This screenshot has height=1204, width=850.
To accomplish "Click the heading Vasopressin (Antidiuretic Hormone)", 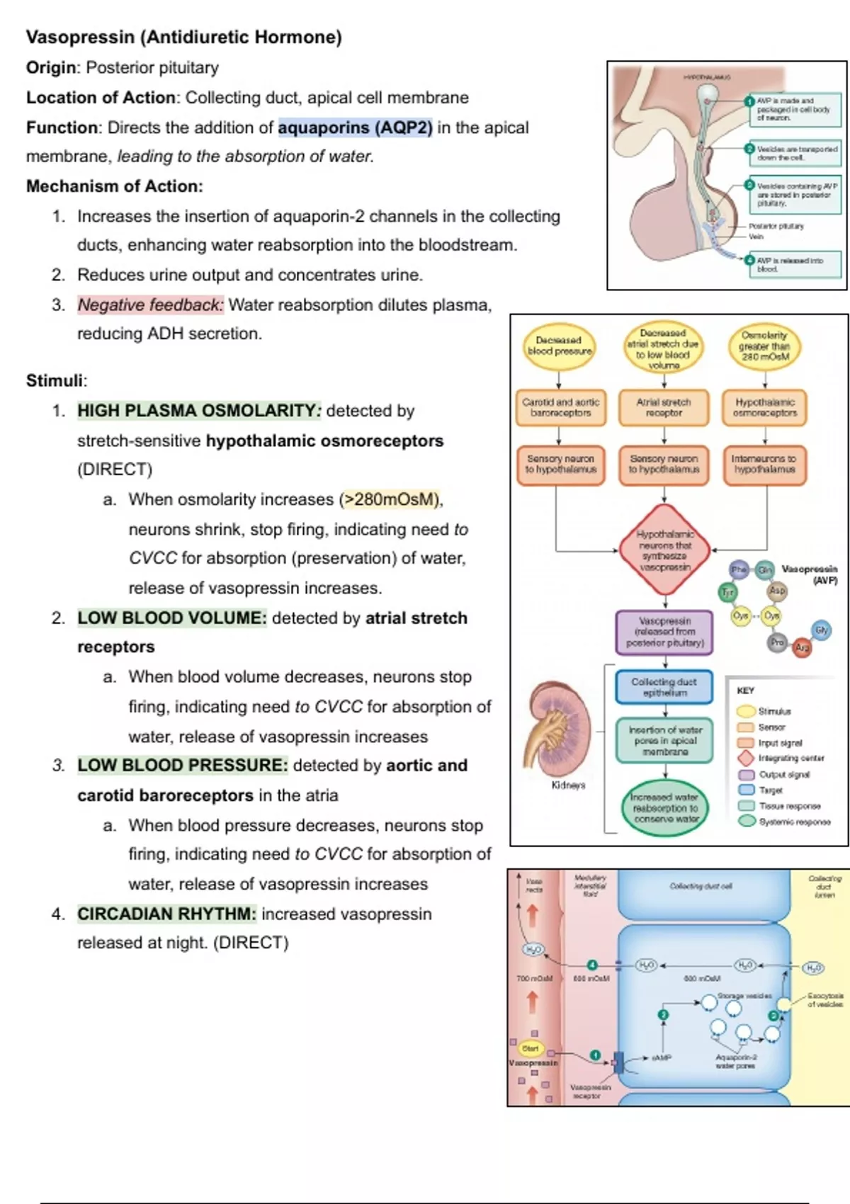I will coord(183,37).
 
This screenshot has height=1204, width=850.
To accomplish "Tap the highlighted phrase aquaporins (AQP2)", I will coord(355,127).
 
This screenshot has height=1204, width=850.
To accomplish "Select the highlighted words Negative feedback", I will coord(150,305).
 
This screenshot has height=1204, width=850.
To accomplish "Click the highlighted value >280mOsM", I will coord(390,499).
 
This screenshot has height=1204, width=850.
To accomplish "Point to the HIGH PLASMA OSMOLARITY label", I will coord(198,411).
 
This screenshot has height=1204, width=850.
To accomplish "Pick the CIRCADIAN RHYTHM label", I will coord(166,914).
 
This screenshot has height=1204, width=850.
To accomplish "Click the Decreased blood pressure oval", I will coord(559,346).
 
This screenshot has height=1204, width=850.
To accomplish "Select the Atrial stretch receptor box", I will coord(664,407).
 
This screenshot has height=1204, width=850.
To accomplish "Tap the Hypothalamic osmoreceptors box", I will coord(765,407).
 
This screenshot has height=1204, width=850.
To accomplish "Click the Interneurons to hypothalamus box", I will coord(765,464).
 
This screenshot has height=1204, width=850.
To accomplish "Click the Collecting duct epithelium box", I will coord(664,687).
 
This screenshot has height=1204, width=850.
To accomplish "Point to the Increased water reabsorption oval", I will coord(665,807).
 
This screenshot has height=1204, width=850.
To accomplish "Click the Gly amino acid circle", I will coord(821,630).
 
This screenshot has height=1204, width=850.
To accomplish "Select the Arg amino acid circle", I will coord(801,647).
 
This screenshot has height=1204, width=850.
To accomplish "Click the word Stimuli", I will coord(55,380).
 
